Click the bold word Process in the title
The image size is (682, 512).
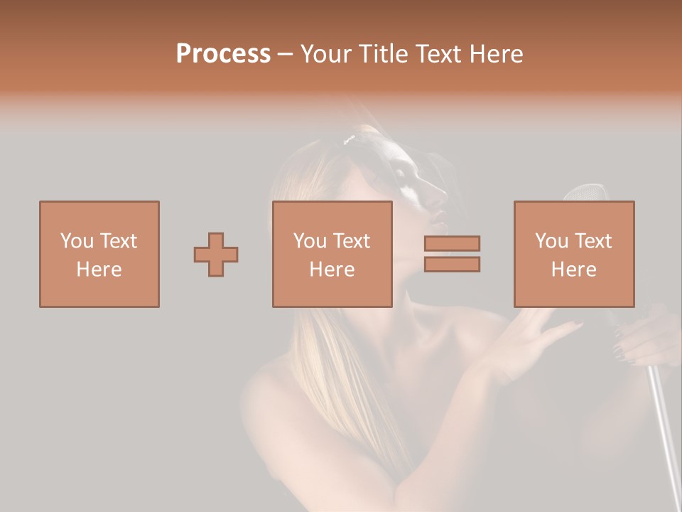point(223,53)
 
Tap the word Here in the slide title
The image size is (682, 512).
point(498,53)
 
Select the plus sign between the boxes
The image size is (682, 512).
point(216,255)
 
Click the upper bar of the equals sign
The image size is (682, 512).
point(452,243)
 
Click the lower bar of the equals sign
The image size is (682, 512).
point(452,265)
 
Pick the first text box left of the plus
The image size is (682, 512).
point(99,254)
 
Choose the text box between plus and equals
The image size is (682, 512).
point(332,254)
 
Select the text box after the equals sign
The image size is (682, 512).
point(573,254)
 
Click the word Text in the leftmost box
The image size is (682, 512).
point(119,241)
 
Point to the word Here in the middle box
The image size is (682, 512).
point(332,269)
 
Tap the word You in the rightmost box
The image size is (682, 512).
point(552,241)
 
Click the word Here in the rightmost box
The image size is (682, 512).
point(573,269)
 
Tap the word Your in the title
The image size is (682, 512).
point(324,53)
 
